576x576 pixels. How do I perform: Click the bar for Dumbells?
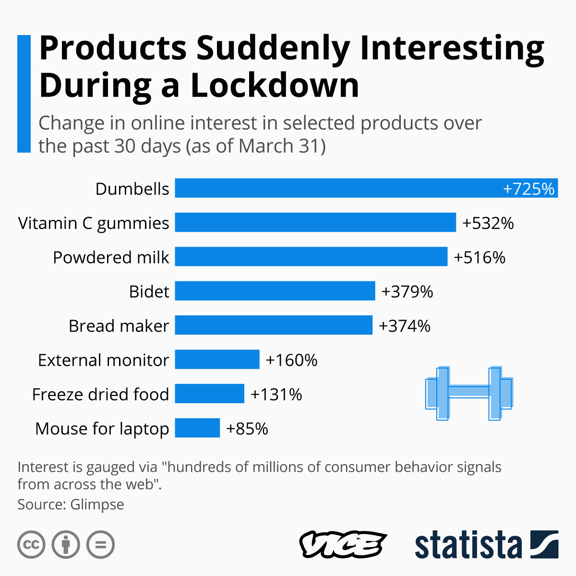tap(336, 188)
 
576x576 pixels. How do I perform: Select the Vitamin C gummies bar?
tap(315, 222)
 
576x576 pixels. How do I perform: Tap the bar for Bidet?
tap(275, 291)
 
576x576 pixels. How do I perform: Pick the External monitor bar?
tap(217, 360)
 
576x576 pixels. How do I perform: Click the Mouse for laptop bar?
tap(197, 428)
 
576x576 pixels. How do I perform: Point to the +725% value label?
tap(528, 189)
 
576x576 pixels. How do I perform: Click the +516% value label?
tap(480, 257)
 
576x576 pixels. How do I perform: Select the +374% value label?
tap(405, 326)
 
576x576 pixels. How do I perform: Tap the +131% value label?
tap(276, 395)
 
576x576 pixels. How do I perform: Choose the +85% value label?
tap(247, 429)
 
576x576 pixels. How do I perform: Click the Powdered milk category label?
tap(111, 257)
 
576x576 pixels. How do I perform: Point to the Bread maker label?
tap(119, 326)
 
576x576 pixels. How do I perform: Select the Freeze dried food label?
tap(100, 395)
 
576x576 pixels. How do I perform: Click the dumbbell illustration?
tap(469, 394)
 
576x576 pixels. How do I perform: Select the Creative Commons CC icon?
tap(31, 545)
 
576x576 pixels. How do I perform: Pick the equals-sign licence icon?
tap(101, 545)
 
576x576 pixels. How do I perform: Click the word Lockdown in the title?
tap(275, 85)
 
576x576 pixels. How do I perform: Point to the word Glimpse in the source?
tap(97, 504)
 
